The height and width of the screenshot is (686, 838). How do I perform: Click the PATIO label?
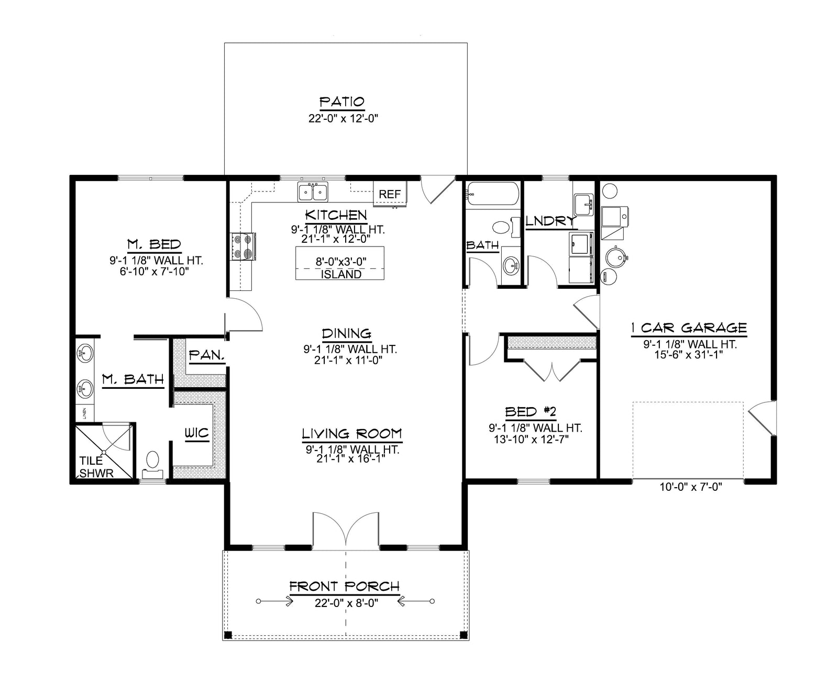(x=341, y=102)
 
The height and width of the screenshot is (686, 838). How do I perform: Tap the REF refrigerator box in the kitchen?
(x=390, y=194)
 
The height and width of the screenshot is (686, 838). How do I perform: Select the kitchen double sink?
(x=313, y=192)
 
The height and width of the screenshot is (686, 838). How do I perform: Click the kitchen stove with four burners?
(x=243, y=246)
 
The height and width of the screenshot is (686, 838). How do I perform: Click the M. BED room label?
(x=154, y=244)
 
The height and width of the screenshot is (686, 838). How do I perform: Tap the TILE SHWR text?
(x=96, y=467)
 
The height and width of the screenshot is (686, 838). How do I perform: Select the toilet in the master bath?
(x=152, y=465)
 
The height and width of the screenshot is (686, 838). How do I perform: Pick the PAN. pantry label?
(x=206, y=355)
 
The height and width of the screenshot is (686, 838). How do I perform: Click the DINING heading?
(x=347, y=333)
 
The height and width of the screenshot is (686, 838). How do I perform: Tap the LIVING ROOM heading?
(x=351, y=434)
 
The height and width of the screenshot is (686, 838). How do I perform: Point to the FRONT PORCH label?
(x=344, y=587)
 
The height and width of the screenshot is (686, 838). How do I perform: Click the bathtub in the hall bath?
(x=493, y=193)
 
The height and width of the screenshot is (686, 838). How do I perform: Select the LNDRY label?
(x=550, y=221)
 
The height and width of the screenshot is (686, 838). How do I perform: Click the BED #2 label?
(x=531, y=412)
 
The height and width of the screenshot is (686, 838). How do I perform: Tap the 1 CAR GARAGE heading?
(x=689, y=328)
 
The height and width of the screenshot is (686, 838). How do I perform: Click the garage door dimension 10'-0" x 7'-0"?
(x=691, y=487)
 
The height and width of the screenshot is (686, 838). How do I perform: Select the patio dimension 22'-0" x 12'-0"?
(x=343, y=118)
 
